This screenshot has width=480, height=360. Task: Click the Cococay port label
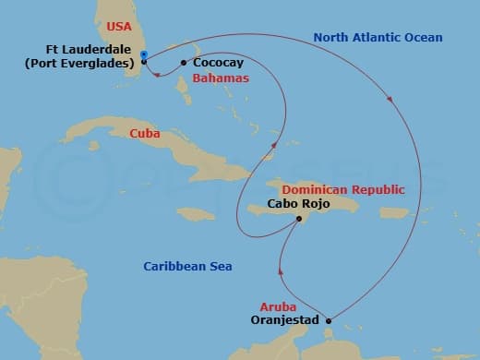click(x=218, y=63)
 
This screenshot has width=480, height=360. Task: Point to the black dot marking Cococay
click(x=184, y=63)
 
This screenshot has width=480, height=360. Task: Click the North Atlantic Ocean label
click(x=378, y=38)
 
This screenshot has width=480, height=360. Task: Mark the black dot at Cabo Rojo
click(x=299, y=219)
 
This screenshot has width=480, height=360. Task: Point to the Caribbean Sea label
click(x=187, y=267)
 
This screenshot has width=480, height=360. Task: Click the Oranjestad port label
click(x=285, y=320)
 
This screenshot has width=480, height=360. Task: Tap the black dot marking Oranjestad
click(x=329, y=320)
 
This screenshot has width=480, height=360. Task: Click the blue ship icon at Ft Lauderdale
click(x=145, y=54)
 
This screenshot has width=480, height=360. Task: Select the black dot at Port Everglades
click(x=144, y=62)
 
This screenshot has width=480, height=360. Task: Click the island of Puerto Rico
click(x=394, y=214)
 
